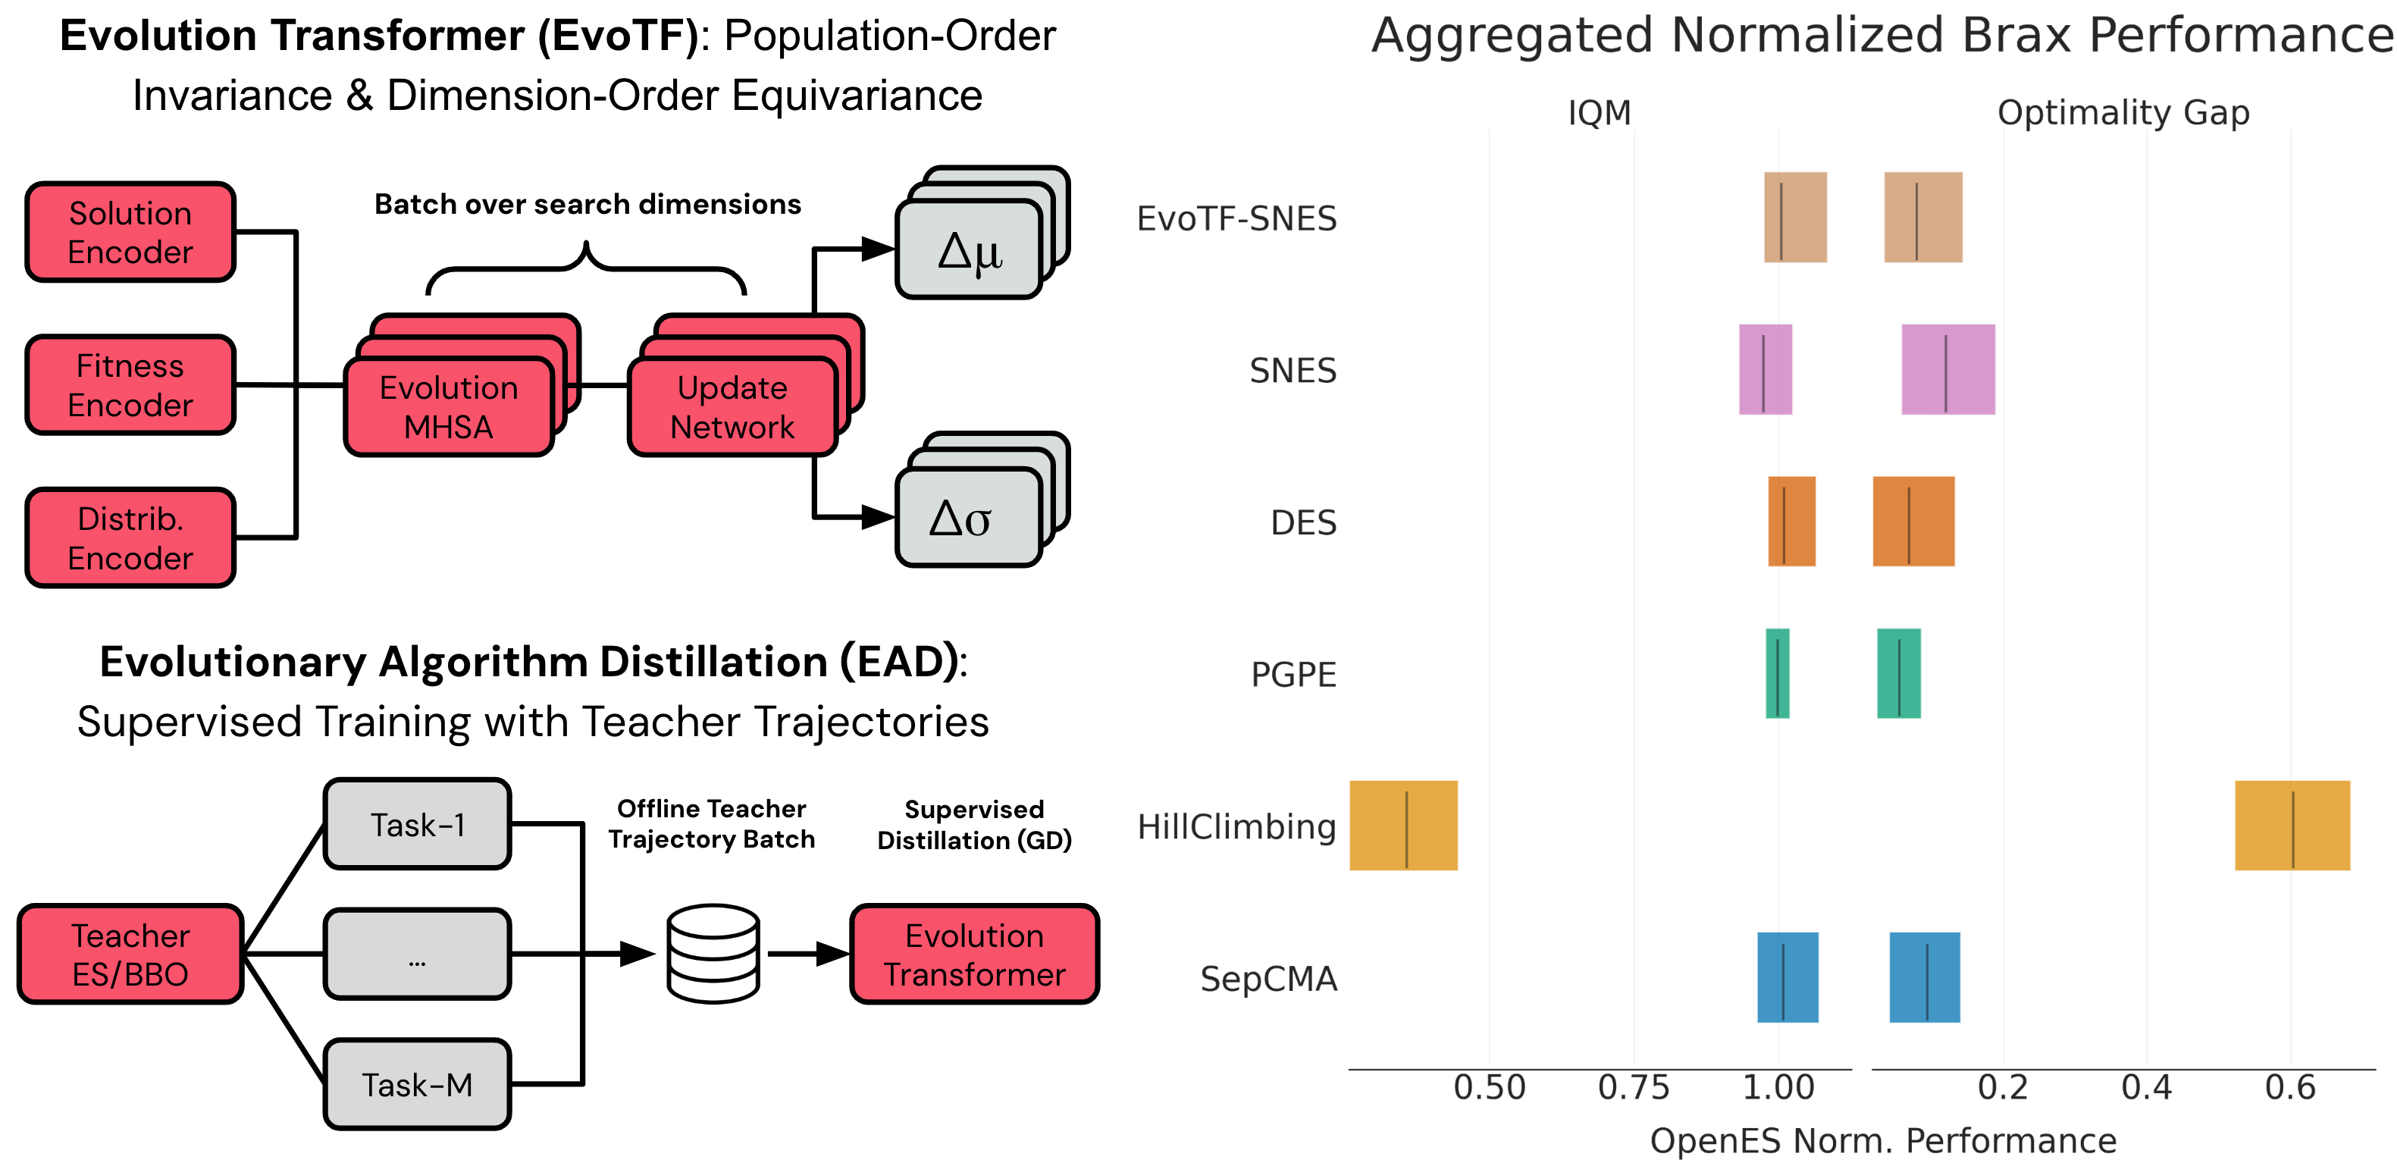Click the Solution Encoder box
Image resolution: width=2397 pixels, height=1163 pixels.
[130, 233]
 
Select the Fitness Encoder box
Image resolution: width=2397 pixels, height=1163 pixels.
[130, 385]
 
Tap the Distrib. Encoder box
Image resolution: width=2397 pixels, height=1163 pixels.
[130, 538]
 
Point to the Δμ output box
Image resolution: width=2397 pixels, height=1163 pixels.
[968, 250]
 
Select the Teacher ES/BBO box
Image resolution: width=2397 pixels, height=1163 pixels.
[130, 954]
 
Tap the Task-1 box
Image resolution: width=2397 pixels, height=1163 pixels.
[417, 824]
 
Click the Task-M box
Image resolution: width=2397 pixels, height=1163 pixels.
[417, 1084]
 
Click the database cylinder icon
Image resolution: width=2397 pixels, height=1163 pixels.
[713, 954]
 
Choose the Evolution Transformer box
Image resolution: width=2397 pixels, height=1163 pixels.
[974, 954]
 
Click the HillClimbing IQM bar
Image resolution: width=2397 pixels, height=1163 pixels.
[1403, 826]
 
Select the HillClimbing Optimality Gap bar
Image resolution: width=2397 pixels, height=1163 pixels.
[2292, 826]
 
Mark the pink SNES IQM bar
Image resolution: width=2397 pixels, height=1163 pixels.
[1766, 369]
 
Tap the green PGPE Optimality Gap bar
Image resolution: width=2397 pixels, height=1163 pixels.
[1898, 673]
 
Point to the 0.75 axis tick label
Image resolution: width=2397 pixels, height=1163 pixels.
[1633, 1086]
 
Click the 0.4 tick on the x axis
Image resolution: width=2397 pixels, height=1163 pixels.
[2146, 1086]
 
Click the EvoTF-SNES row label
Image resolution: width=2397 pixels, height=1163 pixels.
[1236, 218]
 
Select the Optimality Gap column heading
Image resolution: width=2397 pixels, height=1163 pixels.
[2123, 112]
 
